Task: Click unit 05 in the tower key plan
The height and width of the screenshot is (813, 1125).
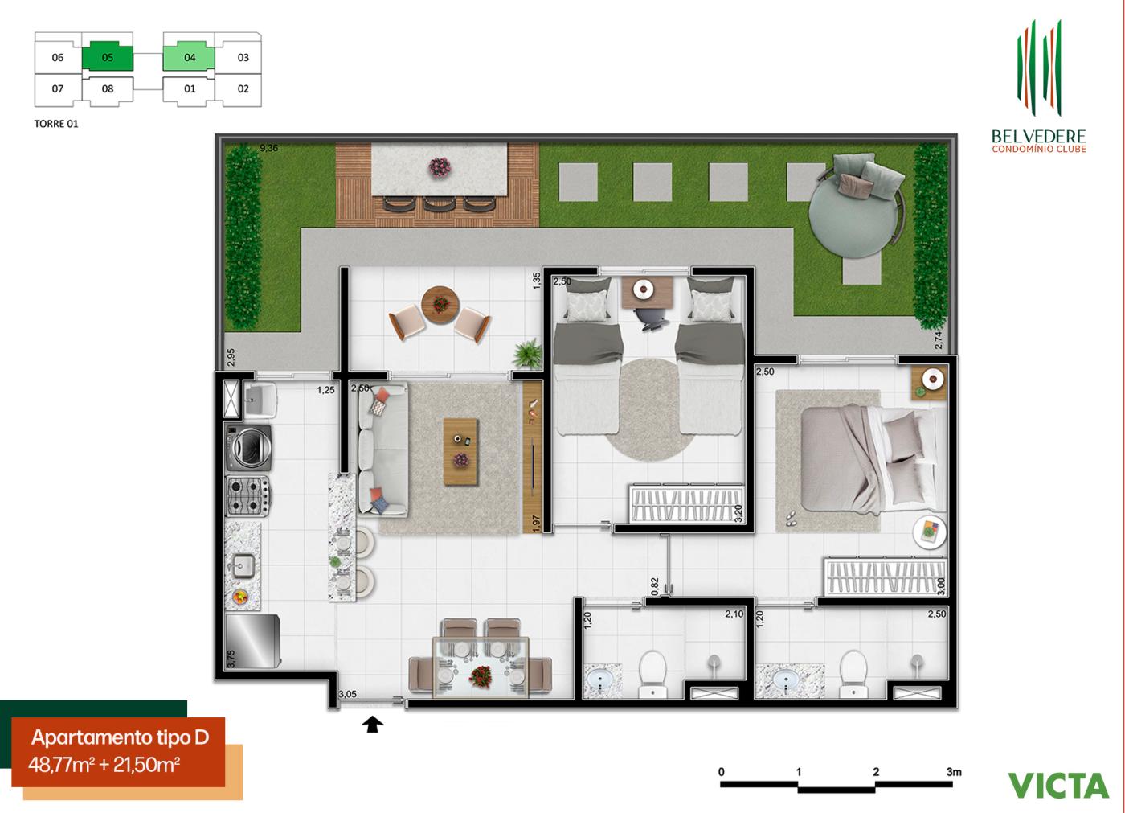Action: click(108, 57)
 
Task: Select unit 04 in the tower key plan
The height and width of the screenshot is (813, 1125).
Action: click(190, 57)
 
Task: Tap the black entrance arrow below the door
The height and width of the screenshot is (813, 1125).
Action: click(373, 725)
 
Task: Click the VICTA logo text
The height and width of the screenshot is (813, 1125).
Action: click(1058, 784)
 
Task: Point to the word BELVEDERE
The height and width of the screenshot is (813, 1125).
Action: click(1039, 137)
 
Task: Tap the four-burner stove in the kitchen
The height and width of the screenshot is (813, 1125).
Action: click(247, 495)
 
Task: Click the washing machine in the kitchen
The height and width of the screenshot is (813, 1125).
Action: click(249, 447)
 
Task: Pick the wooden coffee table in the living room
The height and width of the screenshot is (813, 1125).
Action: click(460, 450)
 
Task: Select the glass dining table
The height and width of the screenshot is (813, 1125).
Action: click(481, 667)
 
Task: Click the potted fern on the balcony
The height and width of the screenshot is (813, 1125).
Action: click(528, 353)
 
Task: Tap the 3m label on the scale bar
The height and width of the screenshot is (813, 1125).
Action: click(954, 772)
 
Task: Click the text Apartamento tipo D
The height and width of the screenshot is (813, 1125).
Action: click(120, 737)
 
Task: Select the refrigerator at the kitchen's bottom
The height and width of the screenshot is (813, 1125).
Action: click(253, 641)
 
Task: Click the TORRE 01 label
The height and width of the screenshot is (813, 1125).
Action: click(56, 124)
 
